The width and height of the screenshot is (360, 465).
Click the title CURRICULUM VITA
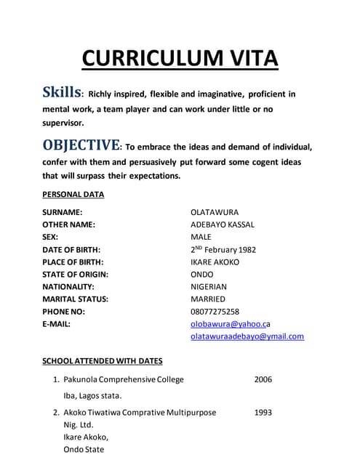[x=180, y=57]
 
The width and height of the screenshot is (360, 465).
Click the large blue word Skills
[x=62, y=94]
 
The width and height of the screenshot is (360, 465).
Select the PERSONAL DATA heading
[x=73, y=195]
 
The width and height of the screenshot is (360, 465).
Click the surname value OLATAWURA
[x=215, y=212]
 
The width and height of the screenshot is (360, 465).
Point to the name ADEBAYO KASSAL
[x=223, y=225]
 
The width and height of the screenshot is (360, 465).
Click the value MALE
[x=201, y=237]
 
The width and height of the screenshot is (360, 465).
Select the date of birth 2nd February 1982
[x=223, y=249]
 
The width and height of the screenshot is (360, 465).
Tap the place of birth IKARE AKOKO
[x=215, y=262]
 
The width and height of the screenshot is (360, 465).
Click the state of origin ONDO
[x=201, y=274]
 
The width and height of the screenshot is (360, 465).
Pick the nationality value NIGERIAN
[x=209, y=286]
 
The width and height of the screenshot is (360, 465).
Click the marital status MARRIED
[x=208, y=299]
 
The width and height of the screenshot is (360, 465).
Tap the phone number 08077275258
[x=215, y=311]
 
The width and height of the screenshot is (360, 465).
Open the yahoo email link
[x=230, y=324]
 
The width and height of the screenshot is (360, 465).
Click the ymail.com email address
[x=247, y=336]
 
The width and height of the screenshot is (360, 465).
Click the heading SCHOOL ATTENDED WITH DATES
[x=103, y=361]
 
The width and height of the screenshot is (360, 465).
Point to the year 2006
[x=263, y=379]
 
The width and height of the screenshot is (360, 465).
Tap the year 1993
[x=263, y=413]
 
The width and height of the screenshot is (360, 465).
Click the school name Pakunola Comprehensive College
[x=124, y=379]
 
